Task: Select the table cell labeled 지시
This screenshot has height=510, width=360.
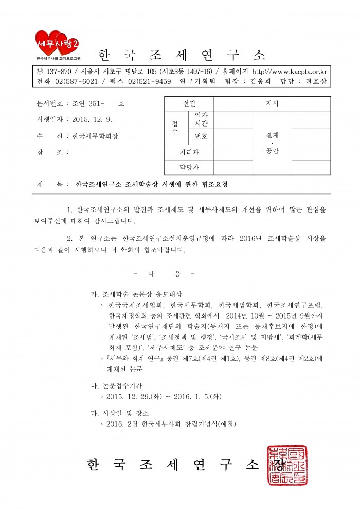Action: coord(272,103)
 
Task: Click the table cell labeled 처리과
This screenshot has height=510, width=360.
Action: coord(189,152)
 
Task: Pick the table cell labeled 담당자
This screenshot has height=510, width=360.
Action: coord(189,167)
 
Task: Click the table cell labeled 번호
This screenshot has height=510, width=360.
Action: coord(201,136)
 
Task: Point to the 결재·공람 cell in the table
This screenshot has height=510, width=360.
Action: coord(272,143)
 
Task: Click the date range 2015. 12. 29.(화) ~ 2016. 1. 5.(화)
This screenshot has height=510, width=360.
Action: coord(164,397)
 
